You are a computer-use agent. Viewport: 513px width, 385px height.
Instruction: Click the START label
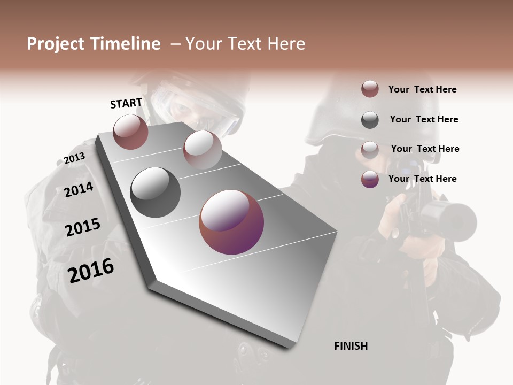pyautogui.click(x=126, y=103)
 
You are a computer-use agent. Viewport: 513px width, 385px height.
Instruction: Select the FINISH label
pyautogui.click(x=351, y=346)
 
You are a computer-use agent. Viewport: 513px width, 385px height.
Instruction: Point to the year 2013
pyautogui.click(x=74, y=158)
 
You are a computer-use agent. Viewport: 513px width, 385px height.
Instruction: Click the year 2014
pyautogui.click(x=79, y=189)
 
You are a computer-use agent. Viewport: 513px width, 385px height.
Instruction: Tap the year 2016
pyautogui.click(x=91, y=271)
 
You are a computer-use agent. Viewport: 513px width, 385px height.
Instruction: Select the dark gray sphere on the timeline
pyautogui.click(x=156, y=192)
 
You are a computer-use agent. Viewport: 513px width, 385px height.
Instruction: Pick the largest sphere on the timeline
pyautogui.click(x=231, y=222)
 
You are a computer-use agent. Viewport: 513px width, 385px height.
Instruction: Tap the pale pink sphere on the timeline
pyautogui.click(x=203, y=149)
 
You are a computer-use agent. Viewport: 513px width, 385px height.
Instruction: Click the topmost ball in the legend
pyautogui.click(x=370, y=89)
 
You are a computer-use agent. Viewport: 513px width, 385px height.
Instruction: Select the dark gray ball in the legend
pyautogui.click(x=370, y=119)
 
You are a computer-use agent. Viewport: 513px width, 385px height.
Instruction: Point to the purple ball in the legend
pyautogui.click(x=370, y=179)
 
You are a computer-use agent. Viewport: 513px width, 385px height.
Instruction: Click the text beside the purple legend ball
pyautogui.click(x=422, y=179)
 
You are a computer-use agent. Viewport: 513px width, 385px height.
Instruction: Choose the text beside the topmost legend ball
pyautogui.click(x=422, y=89)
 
